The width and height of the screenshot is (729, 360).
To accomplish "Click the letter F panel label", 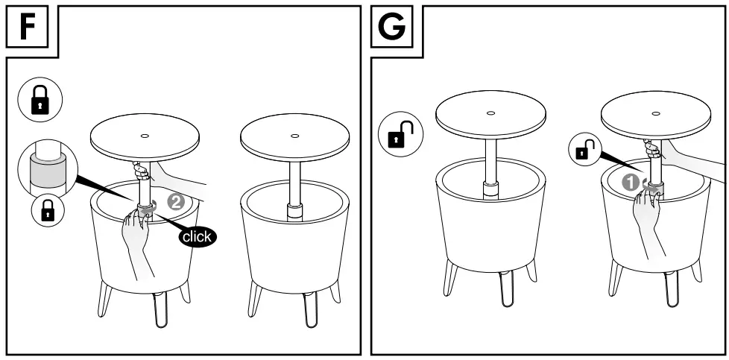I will click(x=27, y=27).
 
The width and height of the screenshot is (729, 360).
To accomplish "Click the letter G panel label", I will click(x=392, y=27).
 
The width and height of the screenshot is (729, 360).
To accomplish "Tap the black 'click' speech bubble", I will click(x=197, y=236).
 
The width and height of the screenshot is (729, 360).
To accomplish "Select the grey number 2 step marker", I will click(x=176, y=200).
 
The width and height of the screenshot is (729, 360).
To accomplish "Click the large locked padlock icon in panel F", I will click(x=40, y=102).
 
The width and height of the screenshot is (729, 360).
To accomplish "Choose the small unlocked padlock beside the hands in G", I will click(x=584, y=151).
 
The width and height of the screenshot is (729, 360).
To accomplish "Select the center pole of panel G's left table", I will click(x=490, y=160).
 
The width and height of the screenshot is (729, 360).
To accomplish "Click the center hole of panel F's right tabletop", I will click(x=294, y=136).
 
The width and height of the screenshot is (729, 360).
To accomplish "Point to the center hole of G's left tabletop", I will click(x=490, y=113).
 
